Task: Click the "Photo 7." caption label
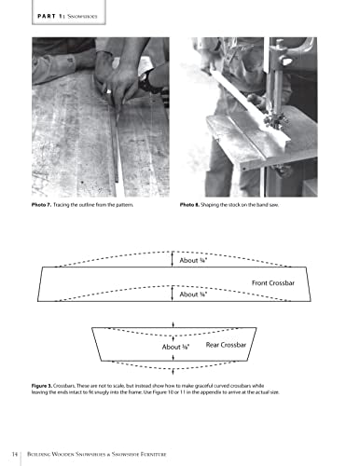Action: (41, 205)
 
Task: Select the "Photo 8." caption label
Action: (189, 205)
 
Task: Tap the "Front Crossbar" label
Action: (273, 283)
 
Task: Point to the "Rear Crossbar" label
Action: (226, 345)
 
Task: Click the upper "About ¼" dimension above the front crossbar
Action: (193, 260)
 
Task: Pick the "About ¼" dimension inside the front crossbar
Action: (193, 295)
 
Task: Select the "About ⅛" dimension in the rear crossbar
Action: (175, 347)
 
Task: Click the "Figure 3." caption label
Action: (42, 386)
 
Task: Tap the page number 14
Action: (15, 454)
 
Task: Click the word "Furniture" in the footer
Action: (154, 454)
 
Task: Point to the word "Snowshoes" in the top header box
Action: (82, 16)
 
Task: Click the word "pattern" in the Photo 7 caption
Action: (125, 205)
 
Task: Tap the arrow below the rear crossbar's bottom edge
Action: (173, 372)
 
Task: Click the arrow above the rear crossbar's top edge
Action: (173, 325)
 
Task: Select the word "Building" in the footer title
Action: (39, 454)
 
